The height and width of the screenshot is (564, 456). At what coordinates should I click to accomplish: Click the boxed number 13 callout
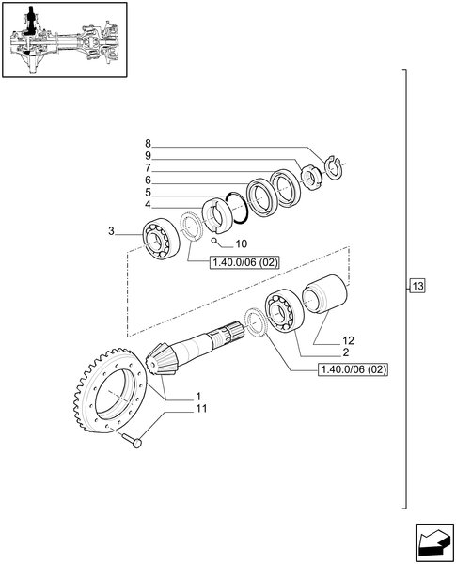point(418,286)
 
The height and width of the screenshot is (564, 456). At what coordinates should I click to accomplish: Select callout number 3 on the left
point(112,231)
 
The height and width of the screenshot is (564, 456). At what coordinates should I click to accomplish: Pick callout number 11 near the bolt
point(201,408)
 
